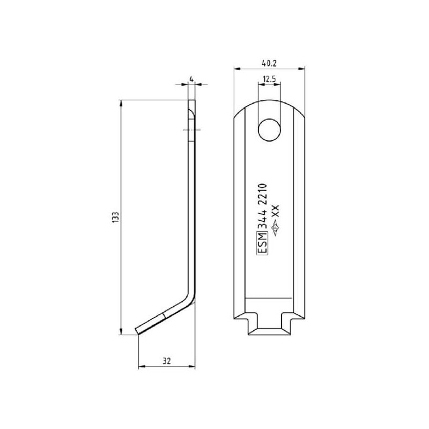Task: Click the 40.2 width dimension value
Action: tap(269, 63)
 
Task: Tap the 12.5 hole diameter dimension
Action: tap(270, 79)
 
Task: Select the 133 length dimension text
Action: tap(115, 217)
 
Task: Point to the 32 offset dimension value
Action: tap(167, 361)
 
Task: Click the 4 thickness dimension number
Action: tap(191, 79)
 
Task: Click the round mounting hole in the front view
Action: tap(270, 130)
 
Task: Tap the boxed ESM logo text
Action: tap(262, 243)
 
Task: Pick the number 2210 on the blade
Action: tap(262, 195)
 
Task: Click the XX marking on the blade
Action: tap(275, 211)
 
